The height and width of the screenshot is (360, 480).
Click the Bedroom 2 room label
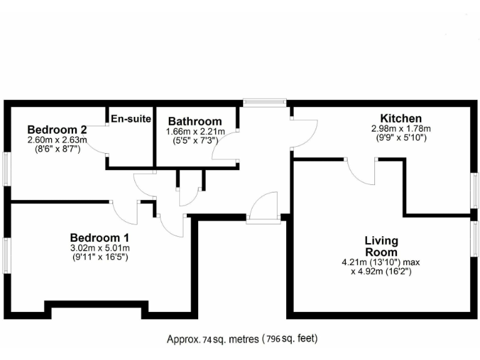pos(57,129)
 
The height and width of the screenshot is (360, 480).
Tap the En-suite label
pos(131,119)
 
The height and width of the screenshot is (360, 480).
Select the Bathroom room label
pos(194,121)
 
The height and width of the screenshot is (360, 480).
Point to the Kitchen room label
pos(401,118)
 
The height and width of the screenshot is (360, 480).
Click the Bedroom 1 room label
pos(99,237)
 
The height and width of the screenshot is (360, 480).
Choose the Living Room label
pos(381,246)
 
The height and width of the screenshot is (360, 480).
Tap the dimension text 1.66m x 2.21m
pos(194,132)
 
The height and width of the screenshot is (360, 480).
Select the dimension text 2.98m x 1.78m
pos(401,129)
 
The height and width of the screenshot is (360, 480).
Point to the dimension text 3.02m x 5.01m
pos(99,248)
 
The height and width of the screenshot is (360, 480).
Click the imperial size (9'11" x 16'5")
pos(99,257)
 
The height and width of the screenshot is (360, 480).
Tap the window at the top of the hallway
pos(264,102)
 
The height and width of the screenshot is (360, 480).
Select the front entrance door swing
pos(262,206)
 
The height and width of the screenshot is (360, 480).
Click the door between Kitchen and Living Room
pos(362,171)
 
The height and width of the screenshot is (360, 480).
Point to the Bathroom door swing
pos(225,149)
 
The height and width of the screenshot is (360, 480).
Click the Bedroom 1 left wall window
pos(6,255)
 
